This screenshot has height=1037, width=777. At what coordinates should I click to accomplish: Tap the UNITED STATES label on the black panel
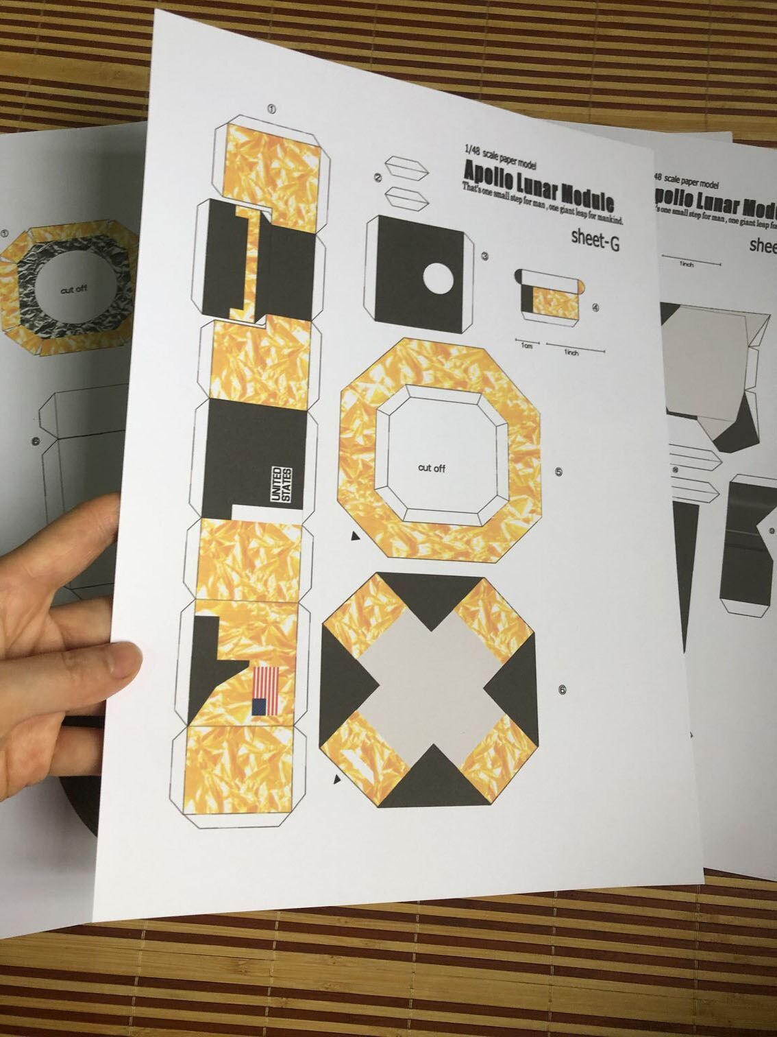coord(282,486)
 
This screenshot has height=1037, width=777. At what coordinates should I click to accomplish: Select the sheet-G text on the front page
coord(595,240)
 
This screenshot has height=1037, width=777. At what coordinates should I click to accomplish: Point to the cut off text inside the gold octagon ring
coord(432,468)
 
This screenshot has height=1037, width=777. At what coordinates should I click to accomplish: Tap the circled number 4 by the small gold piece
coord(595,307)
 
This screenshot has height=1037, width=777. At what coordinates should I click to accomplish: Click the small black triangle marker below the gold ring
coord(355,536)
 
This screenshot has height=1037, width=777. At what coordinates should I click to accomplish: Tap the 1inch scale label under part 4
coord(571,353)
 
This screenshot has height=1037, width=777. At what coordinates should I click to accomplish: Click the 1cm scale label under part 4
coord(526,346)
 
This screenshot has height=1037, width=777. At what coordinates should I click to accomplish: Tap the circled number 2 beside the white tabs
coord(378,178)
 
